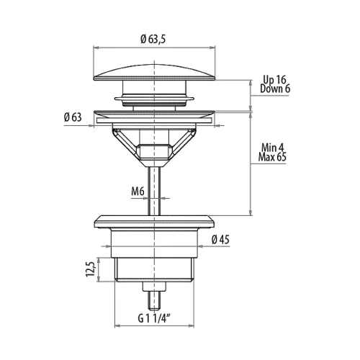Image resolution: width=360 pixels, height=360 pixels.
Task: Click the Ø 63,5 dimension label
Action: [x=153, y=39]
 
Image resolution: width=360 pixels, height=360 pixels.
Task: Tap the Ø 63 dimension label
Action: [x=73, y=117]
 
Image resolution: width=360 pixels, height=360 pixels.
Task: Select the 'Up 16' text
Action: [x=274, y=79]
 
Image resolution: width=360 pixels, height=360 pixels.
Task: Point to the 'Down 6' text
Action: [x=275, y=89]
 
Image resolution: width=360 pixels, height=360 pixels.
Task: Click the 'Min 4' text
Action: [x=273, y=148]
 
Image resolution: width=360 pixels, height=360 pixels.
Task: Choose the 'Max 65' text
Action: [x=272, y=157]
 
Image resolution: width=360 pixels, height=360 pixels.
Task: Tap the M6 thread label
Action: [x=138, y=192]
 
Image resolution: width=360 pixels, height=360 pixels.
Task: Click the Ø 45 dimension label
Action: [x=220, y=240]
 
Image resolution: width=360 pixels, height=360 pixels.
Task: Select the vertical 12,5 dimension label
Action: [x=90, y=269]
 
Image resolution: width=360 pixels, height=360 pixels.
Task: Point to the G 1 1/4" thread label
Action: [x=154, y=318]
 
